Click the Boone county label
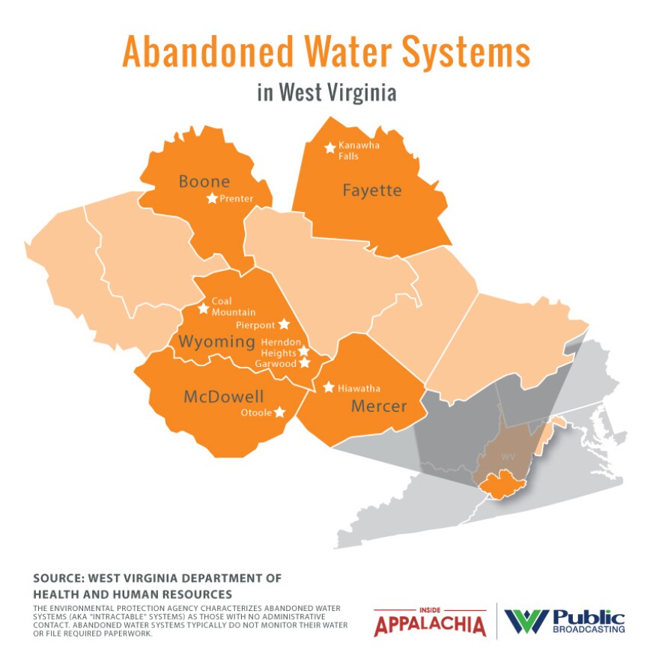pos(204,181)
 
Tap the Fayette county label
pos(372,190)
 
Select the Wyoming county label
pos(216,342)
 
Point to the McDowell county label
pos(224,397)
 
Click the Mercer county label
pos(379,407)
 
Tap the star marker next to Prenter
pos(212,198)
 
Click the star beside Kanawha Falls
pos(329,148)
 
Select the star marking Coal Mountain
pos(203,309)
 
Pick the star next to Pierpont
pos(284,324)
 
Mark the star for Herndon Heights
pos(304,351)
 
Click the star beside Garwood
pos(304,362)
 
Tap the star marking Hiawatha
pos(329,387)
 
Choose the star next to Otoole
pos(279,412)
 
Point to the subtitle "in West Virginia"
pos(326,93)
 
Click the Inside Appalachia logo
pos(429,622)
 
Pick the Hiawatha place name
pos(359,388)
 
